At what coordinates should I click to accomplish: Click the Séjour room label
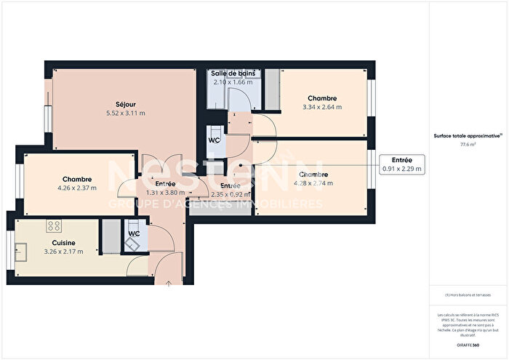pyautogui.click(x=125, y=104)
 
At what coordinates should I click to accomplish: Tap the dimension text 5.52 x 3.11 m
pyautogui.click(x=125, y=113)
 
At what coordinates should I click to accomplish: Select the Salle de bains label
pyautogui.click(x=233, y=74)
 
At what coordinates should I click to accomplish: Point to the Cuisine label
pyautogui.click(x=63, y=243)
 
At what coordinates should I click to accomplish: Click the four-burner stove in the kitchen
pyautogui.click(x=54, y=225)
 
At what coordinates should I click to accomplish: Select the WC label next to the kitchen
pyautogui.click(x=134, y=233)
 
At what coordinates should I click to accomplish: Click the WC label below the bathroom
pyautogui.click(x=214, y=140)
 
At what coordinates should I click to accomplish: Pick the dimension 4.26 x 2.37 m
pyautogui.click(x=76, y=188)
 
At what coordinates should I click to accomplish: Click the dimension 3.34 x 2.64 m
pyautogui.click(x=321, y=107)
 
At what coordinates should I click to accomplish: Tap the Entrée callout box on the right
pyautogui.click(x=401, y=164)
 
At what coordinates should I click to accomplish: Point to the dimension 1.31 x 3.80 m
pyautogui.click(x=165, y=193)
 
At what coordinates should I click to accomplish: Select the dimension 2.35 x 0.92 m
pyautogui.click(x=231, y=194)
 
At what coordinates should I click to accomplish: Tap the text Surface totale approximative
pyautogui.click(x=466, y=136)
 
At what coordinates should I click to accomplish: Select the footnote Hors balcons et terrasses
pyautogui.click(x=468, y=295)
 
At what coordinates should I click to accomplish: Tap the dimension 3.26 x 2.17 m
pyautogui.click(x=63, y=252)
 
